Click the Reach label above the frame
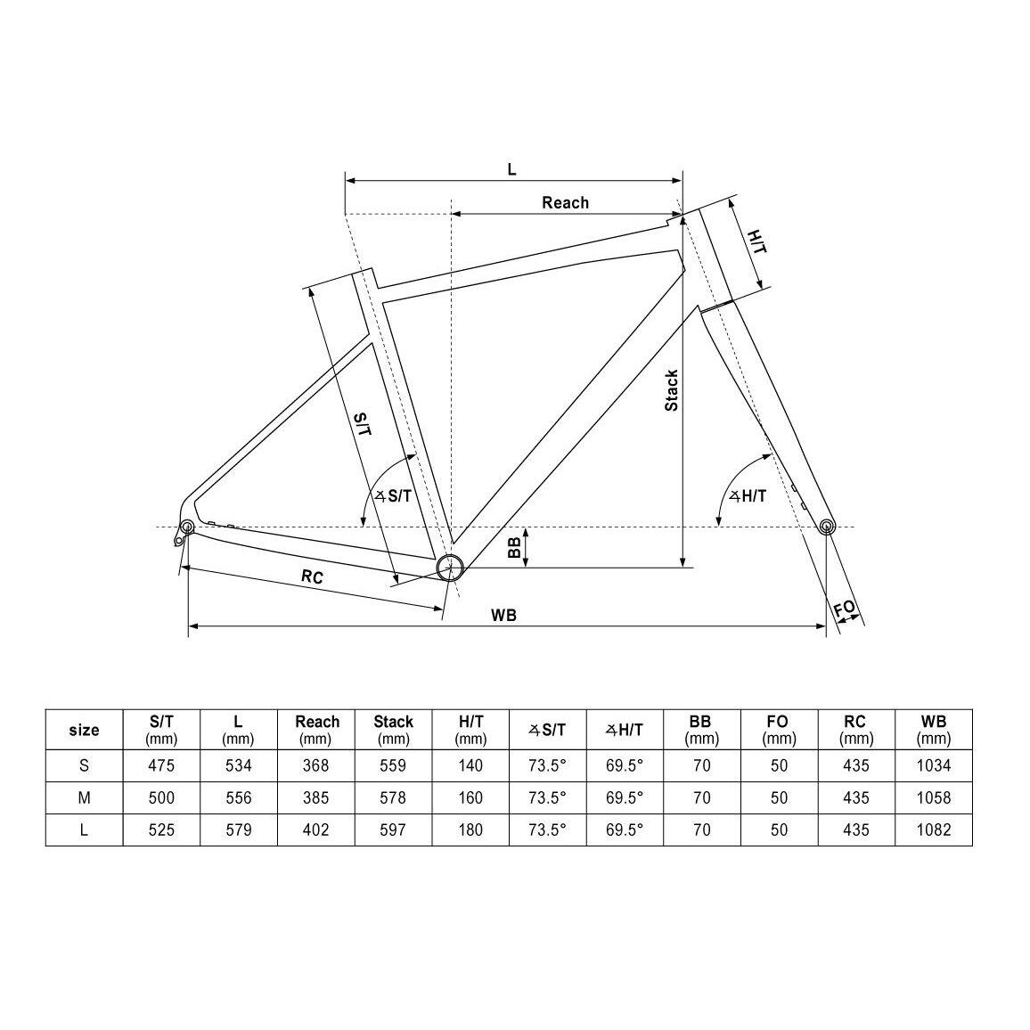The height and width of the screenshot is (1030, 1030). (x=565, y=202)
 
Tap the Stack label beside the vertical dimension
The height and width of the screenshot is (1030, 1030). (x=671, y=391)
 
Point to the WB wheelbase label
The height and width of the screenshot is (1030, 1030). (x=503, y=615)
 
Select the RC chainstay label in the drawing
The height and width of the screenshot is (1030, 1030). (x=312, y=576)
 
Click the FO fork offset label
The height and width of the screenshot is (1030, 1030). (x=846, y=609)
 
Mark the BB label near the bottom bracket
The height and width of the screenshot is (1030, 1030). (x=515, y=547)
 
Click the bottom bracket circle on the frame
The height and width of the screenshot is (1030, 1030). (x=450, y=567)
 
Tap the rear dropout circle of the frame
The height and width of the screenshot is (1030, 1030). (x=187, y=527)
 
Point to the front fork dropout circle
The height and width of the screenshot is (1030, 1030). (x=827, y=526)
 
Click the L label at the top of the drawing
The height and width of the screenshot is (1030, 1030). (x=511, y=169)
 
